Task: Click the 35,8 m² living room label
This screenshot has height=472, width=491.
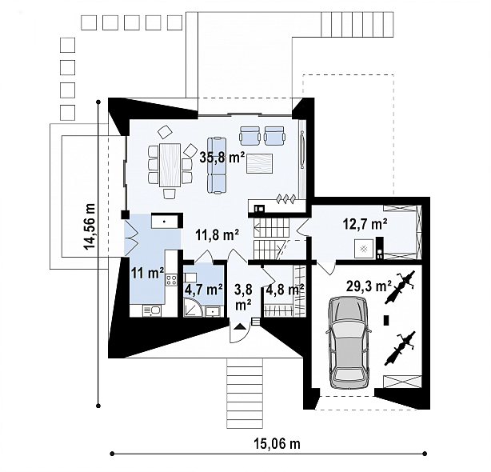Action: [222, 158]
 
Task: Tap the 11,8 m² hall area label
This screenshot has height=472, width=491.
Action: [218, 234]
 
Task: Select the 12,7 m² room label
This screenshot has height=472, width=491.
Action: [365, 224]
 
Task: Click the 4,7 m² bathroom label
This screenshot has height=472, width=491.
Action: [204, 290]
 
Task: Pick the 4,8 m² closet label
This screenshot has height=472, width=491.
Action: [285, 290]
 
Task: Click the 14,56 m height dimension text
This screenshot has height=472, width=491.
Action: [90, 226]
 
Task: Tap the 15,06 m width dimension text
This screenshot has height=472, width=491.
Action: [277, 443]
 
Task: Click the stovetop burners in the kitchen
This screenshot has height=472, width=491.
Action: [171, 280]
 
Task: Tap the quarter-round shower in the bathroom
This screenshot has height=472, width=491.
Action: [193, 306]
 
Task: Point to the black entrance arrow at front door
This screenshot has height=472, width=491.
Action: [240, 326]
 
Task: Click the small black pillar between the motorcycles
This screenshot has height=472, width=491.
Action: [387, 320]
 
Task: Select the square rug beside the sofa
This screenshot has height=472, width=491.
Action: [259, 163]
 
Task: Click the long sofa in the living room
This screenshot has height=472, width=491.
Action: [216, 165]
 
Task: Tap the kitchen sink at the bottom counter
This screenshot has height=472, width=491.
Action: [152, 311]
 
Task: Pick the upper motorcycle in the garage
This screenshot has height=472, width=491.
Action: [400, 287]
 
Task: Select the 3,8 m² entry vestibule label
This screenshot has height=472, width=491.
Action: [242, 297]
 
